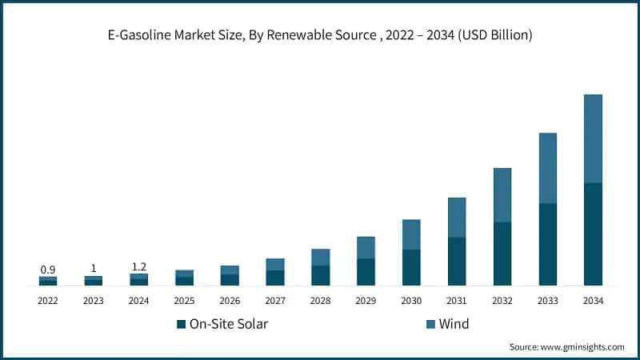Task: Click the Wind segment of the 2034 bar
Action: (593, 138)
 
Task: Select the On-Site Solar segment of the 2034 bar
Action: (593, 234)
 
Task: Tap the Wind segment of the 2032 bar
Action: (502, 194)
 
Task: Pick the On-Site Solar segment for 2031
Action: (457, 261)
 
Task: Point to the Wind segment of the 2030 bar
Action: (411, 234)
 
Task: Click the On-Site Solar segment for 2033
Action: (547, 244)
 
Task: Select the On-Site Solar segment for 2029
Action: (366, 271)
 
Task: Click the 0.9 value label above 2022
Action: (48, 269)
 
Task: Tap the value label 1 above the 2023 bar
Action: (94, 268)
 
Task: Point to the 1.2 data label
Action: (139, 266)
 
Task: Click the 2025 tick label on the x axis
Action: (185, 301)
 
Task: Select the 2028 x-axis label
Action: (320, 301)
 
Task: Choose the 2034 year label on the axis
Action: (593, 301)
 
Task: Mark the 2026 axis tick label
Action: (230, 301)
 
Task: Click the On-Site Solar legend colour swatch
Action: (180, 324)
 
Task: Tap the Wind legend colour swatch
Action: (431, 324)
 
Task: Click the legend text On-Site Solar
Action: (228, 324)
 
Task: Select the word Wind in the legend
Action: (454, 324)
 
